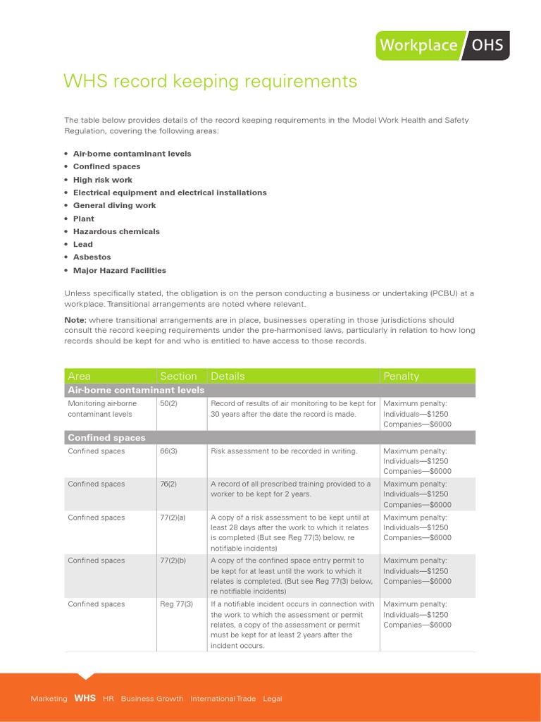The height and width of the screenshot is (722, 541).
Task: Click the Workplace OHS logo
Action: tap(442, 45)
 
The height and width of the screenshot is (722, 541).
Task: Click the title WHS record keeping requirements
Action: tap(210, 82)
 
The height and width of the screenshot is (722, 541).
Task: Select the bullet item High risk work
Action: tap(103, 180)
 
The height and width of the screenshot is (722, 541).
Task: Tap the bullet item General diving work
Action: tap(115, 205)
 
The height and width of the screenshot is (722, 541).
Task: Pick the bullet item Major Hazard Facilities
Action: tap(120, 270)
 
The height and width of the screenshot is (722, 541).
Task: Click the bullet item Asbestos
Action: tap(92, 257)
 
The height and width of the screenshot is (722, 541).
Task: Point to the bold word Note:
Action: tap(75, 320)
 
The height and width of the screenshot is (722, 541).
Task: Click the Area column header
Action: tap(79, 377)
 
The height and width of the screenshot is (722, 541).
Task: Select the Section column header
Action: tap(178, 377)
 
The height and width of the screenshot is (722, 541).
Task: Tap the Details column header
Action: tap(228, 377)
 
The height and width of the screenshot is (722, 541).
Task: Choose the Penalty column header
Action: tap(401, 377)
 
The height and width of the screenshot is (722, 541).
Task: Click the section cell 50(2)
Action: tap(168, 403)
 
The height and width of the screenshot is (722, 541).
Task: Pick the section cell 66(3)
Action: tap(168, 451)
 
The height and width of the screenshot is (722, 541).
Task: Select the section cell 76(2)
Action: tap(168, 484)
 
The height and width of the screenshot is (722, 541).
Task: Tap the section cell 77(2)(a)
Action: tap(173, 518)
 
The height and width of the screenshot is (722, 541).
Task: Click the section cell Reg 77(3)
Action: tap(176, 604)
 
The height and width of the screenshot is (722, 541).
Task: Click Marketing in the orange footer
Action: tap(49, 699)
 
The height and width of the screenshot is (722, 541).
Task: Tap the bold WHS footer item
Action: tap(85, 699)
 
